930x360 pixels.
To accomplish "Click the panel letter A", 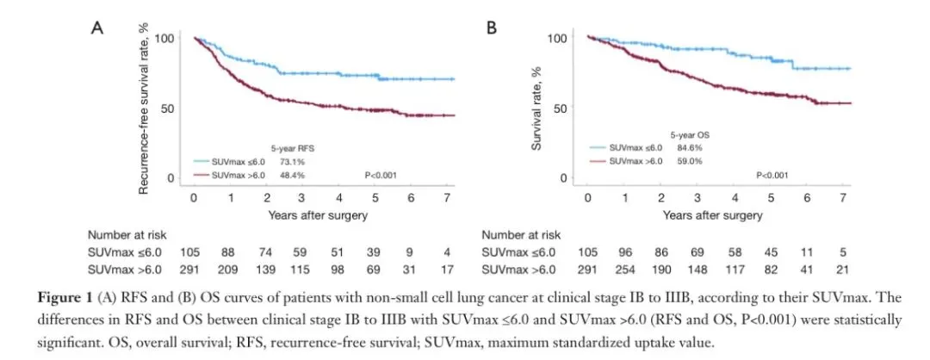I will [97, 28].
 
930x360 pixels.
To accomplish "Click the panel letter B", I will [492, 28].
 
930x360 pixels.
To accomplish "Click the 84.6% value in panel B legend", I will [685, 147].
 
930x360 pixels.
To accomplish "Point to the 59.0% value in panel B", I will [685, 161].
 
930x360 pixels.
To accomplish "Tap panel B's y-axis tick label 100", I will [557, 39].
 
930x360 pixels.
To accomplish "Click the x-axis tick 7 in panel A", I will [455, 198].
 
